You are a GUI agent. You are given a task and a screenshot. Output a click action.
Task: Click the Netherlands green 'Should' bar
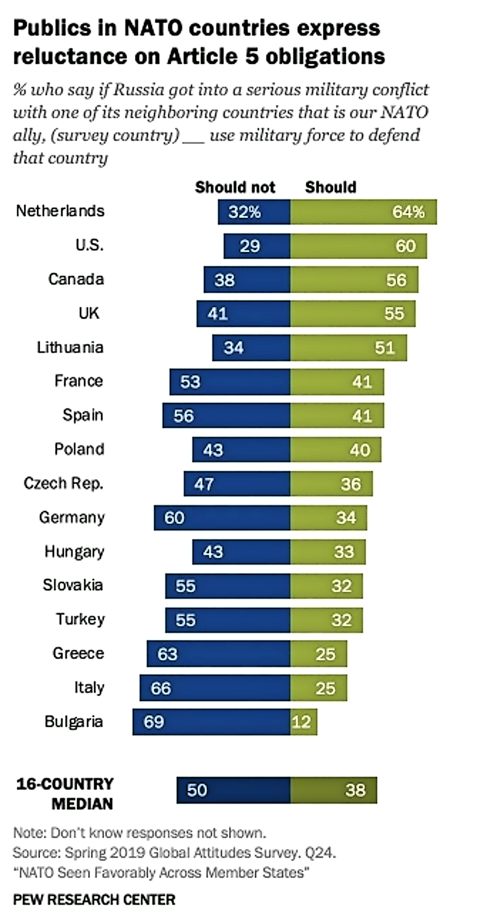(363, 211)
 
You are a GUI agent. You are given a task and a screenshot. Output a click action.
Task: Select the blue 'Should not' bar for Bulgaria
(211, 721)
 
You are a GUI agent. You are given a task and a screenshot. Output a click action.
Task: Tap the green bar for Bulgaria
(303, 721)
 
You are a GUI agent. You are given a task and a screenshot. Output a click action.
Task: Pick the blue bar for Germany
(222, 517)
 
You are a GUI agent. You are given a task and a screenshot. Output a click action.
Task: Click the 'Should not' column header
(235, 187)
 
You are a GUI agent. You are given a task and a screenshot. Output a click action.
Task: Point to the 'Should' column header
(330, 187)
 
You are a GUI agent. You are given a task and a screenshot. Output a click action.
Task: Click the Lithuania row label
(70, 347)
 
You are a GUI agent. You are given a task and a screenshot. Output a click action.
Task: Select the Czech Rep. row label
(63, 483)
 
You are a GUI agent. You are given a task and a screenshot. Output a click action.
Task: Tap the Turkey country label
(80, 619)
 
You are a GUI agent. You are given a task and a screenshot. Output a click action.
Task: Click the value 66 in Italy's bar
(161, 688)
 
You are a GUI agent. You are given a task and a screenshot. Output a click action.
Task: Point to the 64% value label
(408, 212)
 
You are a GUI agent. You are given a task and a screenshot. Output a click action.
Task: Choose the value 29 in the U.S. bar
(250, 246)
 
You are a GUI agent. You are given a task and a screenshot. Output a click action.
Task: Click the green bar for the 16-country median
(333, 790)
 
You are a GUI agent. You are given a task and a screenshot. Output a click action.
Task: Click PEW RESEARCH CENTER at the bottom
(94, 899)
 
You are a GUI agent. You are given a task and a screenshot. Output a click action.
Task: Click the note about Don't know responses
(140, 833)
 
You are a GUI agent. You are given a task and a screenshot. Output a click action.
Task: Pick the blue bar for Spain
(226, 415)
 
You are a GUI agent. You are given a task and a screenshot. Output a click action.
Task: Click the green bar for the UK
(352, 313)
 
